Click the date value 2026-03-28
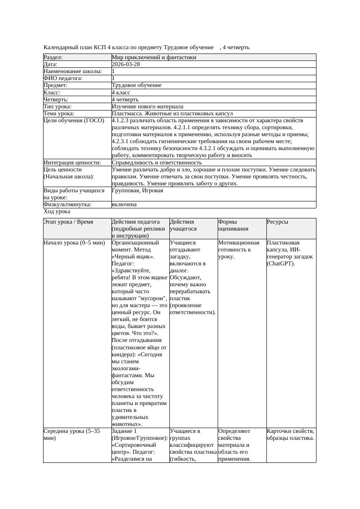point(126,64)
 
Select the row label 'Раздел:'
point(53,57)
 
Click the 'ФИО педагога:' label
point(63,78)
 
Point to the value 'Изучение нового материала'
point(148,107)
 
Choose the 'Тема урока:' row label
point(59,114)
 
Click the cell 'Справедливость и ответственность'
point(157,163)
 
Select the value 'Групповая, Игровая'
point(138,191)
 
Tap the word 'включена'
point(124,204)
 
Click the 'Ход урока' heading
point(57,211)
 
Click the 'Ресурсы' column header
point(278,222)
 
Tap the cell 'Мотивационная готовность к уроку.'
point(239,250)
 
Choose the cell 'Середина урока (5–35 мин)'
point(72,435)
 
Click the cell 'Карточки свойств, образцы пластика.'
point(290,435)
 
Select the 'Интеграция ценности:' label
point(72,163)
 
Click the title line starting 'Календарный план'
point(146,47)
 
